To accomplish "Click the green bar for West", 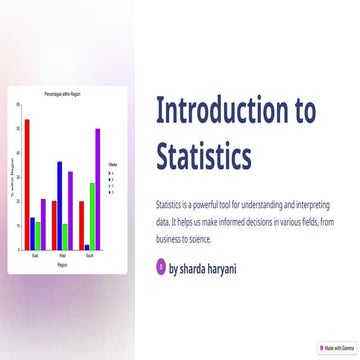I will pyautogui.click(x=65, y=236).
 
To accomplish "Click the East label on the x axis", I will pyautogui.click(x=35, y=256).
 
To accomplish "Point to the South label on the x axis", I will pyautogui.click(x=90, y=256).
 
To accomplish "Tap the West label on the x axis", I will pyautogui.click(x=62, y=256).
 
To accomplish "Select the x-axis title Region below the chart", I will pyautogui.click(x=62, y=265).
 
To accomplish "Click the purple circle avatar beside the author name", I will pyautogui.click(x=162, y=267).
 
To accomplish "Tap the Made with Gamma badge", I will pyautogui.click(x=338, y=349).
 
